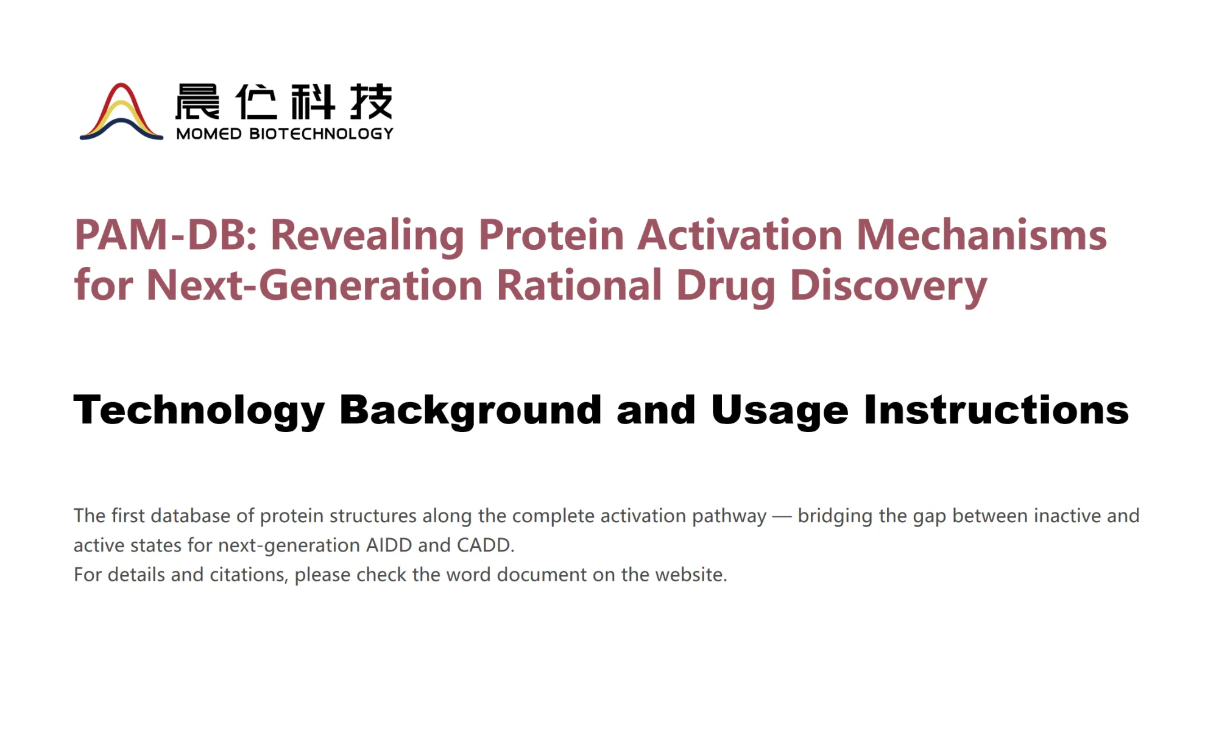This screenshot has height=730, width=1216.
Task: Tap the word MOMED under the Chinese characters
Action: pyautogui.click(x=209, y=134)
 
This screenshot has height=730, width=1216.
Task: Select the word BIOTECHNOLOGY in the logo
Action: pyautogui.click(x=322, y=134)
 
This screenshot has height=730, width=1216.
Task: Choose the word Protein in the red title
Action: pyautogui.click(x=551, y=235)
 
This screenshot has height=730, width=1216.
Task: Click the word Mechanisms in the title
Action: pyautogui.click(x=981, y=235)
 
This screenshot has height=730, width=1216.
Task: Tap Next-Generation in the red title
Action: pyautogui.click(x=314, y=285)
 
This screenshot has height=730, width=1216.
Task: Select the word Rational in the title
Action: pyautogui.click(x=579, y=285)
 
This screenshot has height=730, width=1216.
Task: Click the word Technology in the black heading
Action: pyautogui.click(x=199, y=411)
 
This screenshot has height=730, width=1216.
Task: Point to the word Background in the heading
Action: pyautogui.click(x=470, y=411)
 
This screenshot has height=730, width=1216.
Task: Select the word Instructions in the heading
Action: pyautogui.click(x=996, y=409)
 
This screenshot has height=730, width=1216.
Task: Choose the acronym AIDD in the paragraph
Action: pyautogui.click(x=389, y=545)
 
